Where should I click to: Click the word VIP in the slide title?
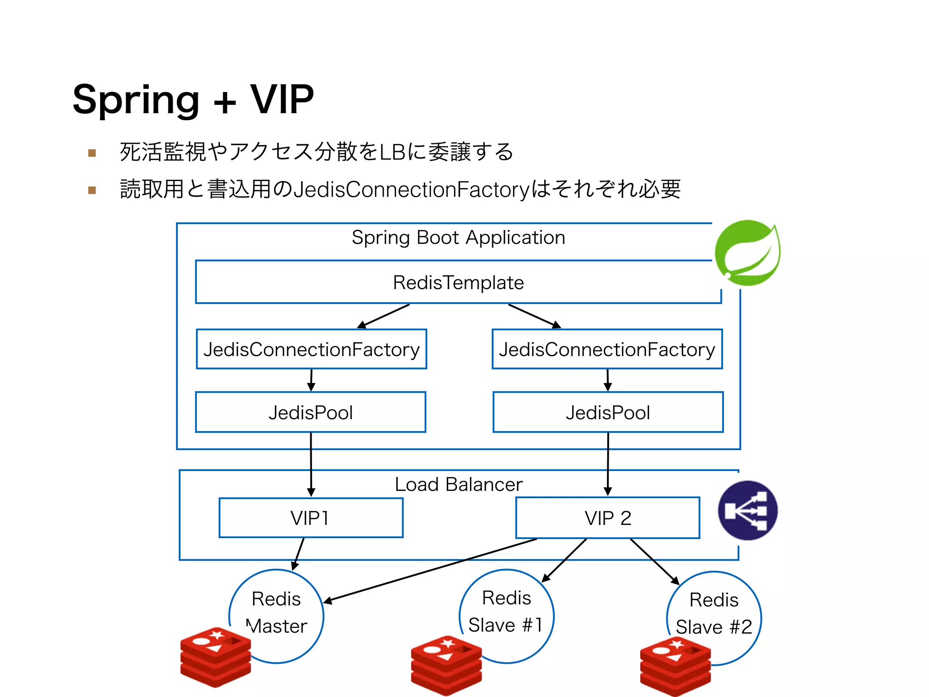[282, 99]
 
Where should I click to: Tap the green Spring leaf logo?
[748, 253]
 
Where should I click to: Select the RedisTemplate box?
[458, 282]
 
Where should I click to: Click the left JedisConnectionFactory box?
[311, 349]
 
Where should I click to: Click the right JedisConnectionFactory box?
[607, 349]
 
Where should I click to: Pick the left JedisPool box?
[311, 412]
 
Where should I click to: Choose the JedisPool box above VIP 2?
[608, 412]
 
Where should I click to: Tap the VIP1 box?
[311, 518]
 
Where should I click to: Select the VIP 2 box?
[608, 518]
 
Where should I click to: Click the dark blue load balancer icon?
[748, 510]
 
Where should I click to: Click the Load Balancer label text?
[458, 485]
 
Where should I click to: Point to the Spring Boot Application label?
[458, 238]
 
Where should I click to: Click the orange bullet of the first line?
[92, 153]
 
